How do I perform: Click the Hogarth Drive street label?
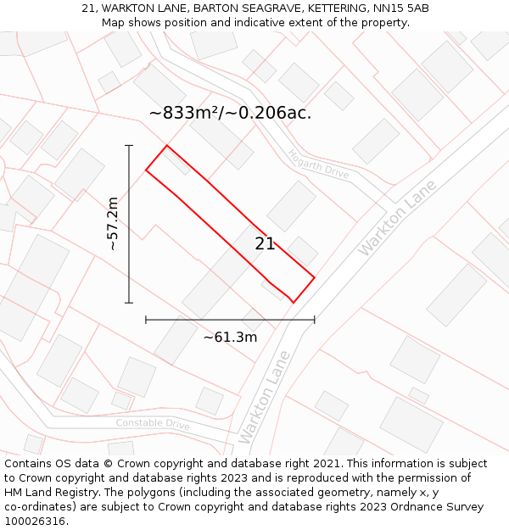point(318,164)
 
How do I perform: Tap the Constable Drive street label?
point(153,423)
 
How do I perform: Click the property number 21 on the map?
point(265,244)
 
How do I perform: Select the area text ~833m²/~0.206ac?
point(230,112)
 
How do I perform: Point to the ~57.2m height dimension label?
point(112,224)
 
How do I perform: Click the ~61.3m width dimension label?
point(230,338)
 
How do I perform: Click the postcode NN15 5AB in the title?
point(400,8)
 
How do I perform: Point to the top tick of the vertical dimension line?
point(129,146)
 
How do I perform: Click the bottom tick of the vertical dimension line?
point(129,303)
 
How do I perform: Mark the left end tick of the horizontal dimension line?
point(146,320)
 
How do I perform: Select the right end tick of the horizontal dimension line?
point(315,320)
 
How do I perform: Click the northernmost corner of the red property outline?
point(166,146)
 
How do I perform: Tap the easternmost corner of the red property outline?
point(315,277)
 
